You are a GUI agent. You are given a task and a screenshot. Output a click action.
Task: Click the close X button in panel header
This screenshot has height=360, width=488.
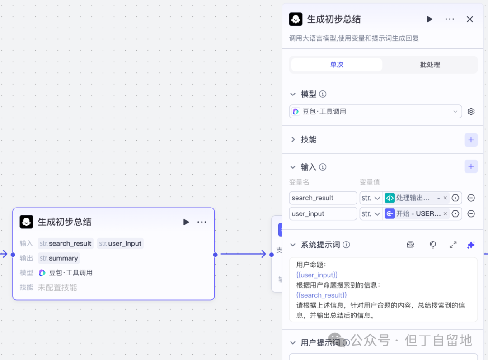[x=469, y=19]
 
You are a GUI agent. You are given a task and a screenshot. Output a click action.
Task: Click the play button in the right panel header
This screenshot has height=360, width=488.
[x=429, y=19]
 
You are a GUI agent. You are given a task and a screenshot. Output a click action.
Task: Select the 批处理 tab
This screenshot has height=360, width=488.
[x=430, y=65]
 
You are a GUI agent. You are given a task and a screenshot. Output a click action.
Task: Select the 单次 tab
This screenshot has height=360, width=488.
[x=337, y=65]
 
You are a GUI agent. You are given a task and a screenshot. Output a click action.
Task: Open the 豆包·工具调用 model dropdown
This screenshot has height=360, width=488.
[x=375, y=111]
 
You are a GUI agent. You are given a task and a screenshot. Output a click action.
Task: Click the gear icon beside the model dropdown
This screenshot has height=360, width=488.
[x=471, y=111]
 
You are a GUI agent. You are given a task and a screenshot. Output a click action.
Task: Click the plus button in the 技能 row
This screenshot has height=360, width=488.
[x=471, y=140]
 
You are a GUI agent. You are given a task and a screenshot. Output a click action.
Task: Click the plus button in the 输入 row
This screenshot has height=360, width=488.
[x=471, y=166]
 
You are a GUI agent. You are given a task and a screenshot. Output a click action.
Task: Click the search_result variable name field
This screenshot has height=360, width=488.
[x=323, y=198]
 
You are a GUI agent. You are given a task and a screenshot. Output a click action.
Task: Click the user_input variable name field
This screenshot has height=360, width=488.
[x=323, y=213]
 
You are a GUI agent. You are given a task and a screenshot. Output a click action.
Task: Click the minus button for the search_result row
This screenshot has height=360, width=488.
[x=471, y=198]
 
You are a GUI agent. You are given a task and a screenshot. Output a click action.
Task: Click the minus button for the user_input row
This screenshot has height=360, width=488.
[x=471, y=213]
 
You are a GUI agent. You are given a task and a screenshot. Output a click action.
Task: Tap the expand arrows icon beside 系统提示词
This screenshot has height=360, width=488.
[x=453, y=245]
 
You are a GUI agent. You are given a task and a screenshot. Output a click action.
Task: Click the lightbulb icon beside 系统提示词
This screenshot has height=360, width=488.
[x=432, y=245]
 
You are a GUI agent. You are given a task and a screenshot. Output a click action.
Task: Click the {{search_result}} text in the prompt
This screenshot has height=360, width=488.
[x=321, y=295]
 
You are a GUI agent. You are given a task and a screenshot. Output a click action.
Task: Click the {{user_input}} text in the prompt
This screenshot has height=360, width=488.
[x=317, y=275]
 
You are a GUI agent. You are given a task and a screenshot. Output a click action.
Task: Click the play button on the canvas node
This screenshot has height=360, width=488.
[x=186, y=222]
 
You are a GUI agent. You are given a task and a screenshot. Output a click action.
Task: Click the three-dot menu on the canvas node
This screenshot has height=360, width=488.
[x=202, y=222]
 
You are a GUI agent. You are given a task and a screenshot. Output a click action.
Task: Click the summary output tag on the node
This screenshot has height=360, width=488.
[x=59, y=258]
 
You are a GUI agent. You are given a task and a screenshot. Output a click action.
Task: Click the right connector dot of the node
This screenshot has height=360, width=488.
[x=215, y=255]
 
